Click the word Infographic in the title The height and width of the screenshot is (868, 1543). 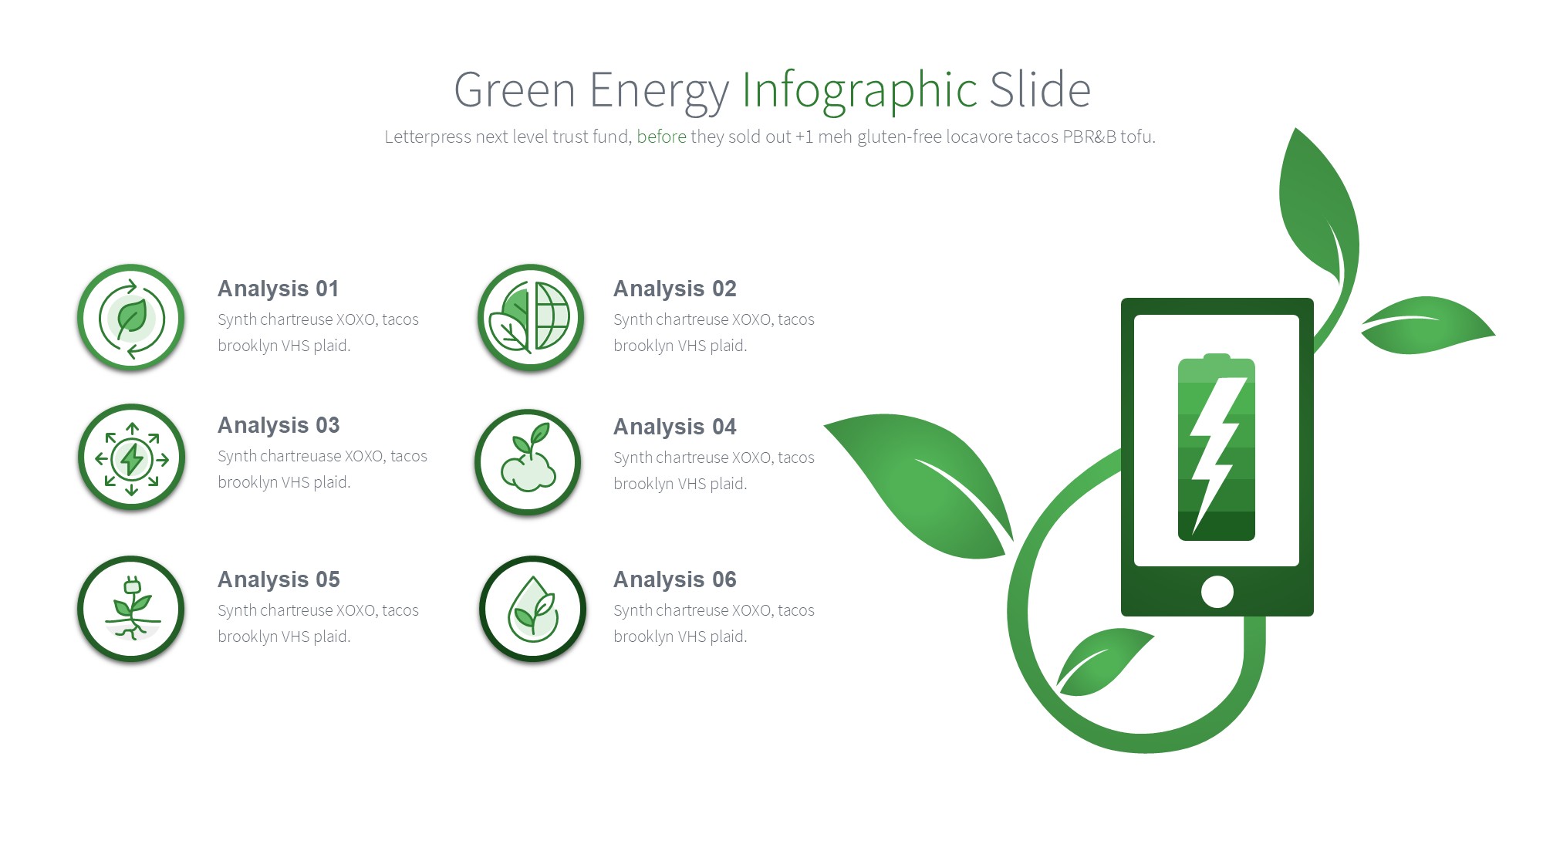[x=859, y=90]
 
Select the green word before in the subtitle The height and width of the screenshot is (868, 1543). [x=661, y=137]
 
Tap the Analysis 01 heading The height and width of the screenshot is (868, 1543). [x=279, y=289]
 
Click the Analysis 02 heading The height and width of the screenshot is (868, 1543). [x=675, y=289]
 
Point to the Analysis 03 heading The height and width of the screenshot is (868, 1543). [x=279, y=425]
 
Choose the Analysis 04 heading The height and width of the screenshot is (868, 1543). [x=675, y=427]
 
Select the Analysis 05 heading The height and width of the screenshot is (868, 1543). [x=279, y=579]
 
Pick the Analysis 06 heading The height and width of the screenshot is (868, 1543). [x=675, y=579]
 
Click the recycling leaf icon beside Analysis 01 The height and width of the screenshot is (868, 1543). [x=131, y=318]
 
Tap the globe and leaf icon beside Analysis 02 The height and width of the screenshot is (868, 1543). [x=531, y=318]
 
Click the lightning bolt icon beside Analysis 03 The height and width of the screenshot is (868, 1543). [x=131, y=458]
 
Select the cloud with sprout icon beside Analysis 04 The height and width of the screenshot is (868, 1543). [x=528, y=462]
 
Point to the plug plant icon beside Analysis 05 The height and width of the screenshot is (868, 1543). [x=131, y=610]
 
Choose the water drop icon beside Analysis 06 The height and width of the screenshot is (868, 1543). [x=532, y=610]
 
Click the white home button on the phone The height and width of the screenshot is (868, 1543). [x=1217, y=592]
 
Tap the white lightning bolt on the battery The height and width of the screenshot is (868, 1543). [x=1217, y=455]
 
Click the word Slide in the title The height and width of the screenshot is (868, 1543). [x=1040, y=90]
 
